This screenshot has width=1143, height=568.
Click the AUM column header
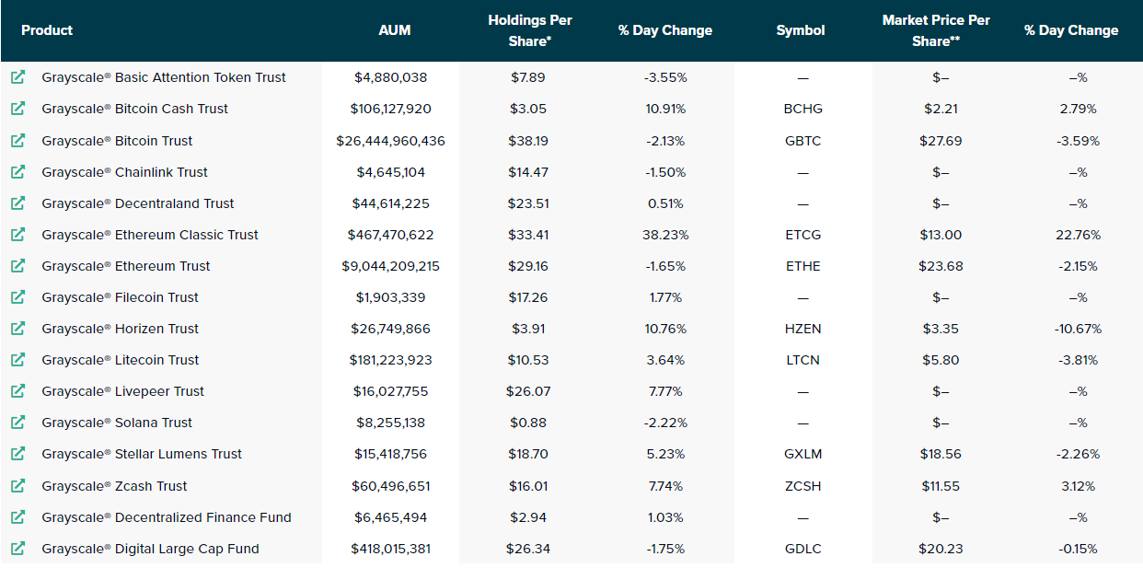tap(395, 30)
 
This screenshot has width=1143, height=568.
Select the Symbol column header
tap(800, 30)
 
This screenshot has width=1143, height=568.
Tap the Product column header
tap(47, 30)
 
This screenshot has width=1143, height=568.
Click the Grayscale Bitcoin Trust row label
tap(117, 141)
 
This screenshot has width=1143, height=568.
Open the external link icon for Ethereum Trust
tap(17, 266)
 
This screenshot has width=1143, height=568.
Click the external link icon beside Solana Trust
tap(17, 423)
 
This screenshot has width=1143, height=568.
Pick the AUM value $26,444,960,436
tap(390, 141)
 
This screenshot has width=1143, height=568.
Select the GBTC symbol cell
tap(802, 141)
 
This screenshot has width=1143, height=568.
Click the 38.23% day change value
tap(665, 235)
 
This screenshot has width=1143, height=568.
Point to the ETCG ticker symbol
tap(802, 235)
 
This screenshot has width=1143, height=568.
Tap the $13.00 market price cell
tap(941, 235)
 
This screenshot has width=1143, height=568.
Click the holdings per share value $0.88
tap(528, 423)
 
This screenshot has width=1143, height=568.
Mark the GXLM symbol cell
tap(802, 454)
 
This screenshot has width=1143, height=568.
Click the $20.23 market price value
tap(941, 549)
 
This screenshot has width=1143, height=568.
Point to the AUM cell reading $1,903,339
tap(390, 297)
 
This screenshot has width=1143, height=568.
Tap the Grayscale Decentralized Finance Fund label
tap(166, 517)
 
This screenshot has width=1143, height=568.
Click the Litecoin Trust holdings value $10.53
tap(528, 360)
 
